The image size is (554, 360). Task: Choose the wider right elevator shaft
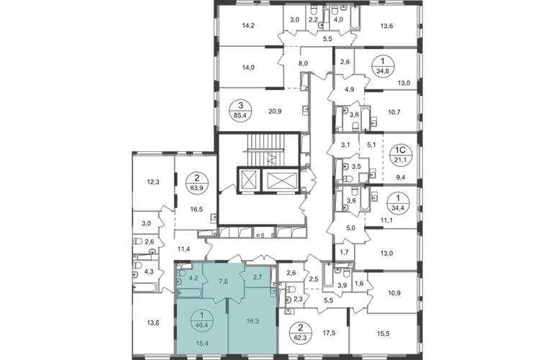tap(281, 179)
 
